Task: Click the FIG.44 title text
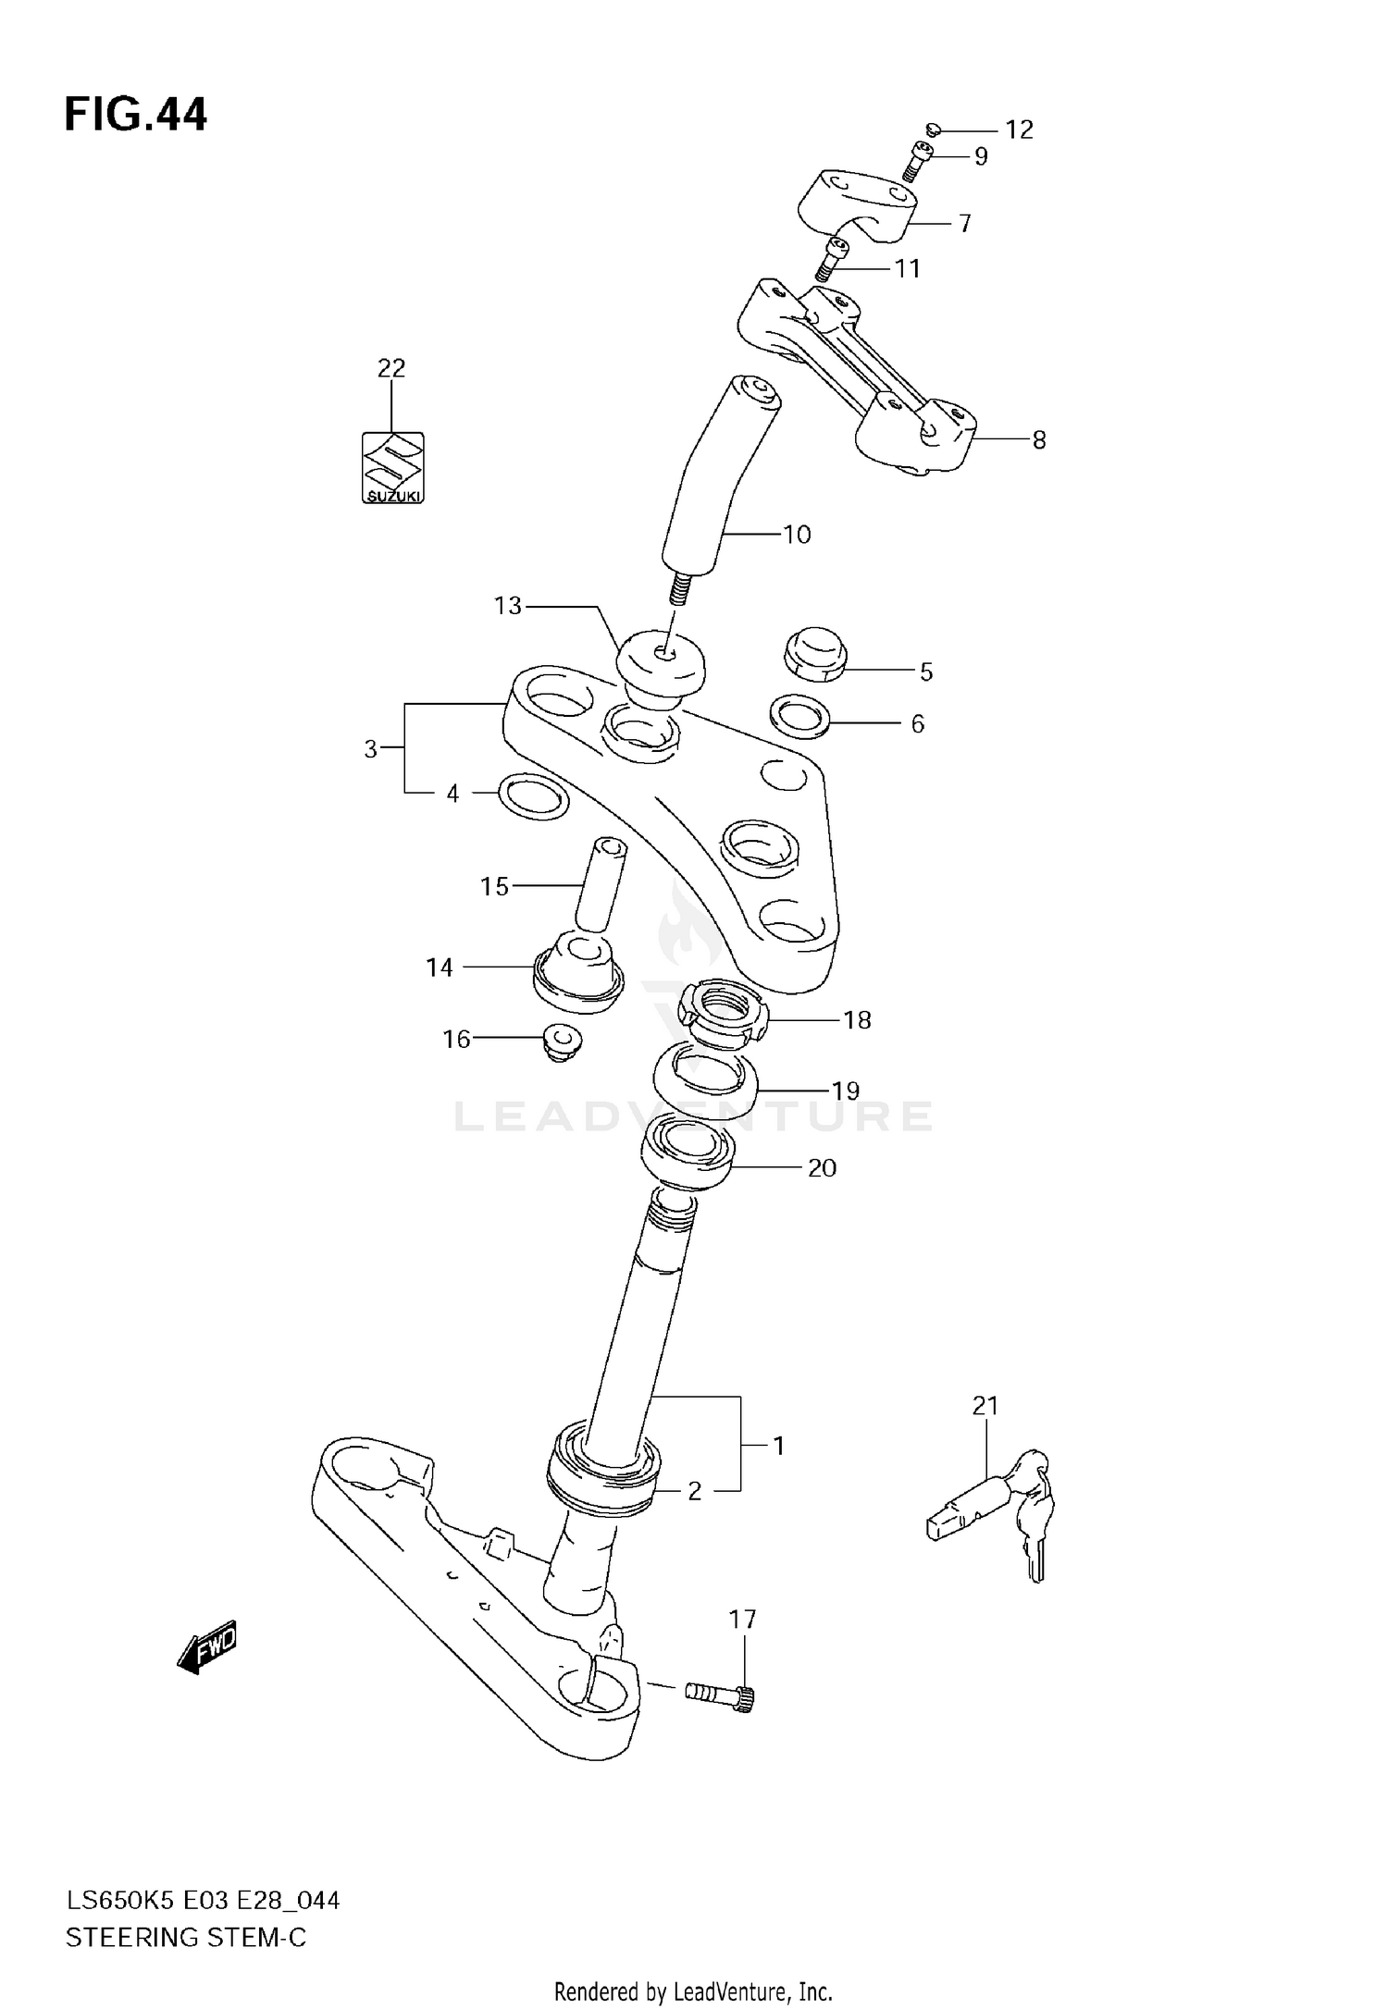click(136, 116)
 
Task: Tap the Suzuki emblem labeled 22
click(392, 468)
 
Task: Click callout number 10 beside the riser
click(796, 535)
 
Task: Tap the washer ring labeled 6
click(799, 717)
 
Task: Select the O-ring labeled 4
click(533, 796)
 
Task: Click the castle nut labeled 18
click(726, 1016)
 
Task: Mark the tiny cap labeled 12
click(934, 129)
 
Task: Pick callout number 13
click(508, 606)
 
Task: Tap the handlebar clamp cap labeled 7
click(857, 209)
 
